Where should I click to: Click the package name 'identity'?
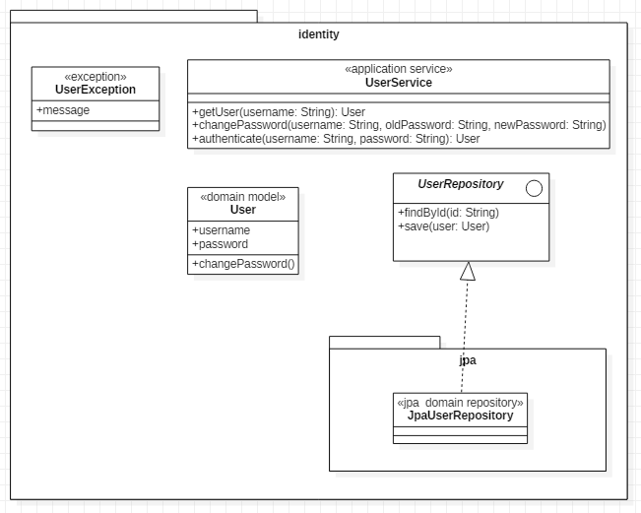click(x=318, y=34)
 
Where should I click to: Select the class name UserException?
click(x=96, y=90)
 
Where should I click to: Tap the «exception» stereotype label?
click(x=96, y=77)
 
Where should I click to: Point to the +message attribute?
click(x=63, y=110)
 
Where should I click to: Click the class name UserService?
click(x=399, y=83)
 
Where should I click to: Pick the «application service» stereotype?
click(x=399, y=69)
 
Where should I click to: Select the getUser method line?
click(x=279, y=112)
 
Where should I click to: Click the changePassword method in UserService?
click(x=399, y=125)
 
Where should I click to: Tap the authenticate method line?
click(x=336, y=139)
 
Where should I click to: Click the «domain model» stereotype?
click(x=243, y=197)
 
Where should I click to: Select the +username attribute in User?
click(x=221, y=230)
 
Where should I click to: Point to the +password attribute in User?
click(x=220, y=244)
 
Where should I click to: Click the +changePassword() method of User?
click(x=243, y=264)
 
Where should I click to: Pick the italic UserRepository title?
click(x=460, y=184)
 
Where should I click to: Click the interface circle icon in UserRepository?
click(x=534, y=188)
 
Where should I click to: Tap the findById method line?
click(x=448, y=213)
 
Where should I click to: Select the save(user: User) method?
click(x=443, y=226)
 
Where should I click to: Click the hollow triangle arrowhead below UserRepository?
click(x=468, y=271)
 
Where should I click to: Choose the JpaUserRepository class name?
click(x=460, y=416)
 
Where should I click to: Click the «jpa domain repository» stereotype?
click(x=460, y=403)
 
